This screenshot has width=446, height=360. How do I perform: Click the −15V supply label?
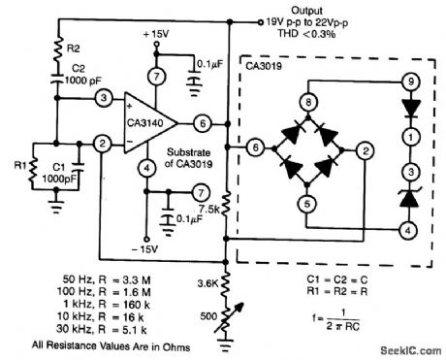point(149,250)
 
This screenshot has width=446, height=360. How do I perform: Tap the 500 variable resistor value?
point(207,316)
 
